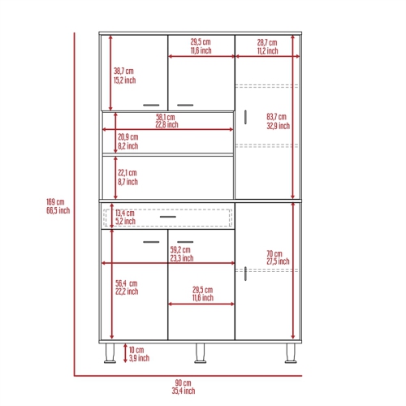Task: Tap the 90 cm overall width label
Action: coord(182,386)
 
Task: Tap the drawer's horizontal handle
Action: coord(169,217)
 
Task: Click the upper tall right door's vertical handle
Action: coord(242,116)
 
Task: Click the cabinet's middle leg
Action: coord(199,352)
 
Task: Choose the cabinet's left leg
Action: coord(108,352)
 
